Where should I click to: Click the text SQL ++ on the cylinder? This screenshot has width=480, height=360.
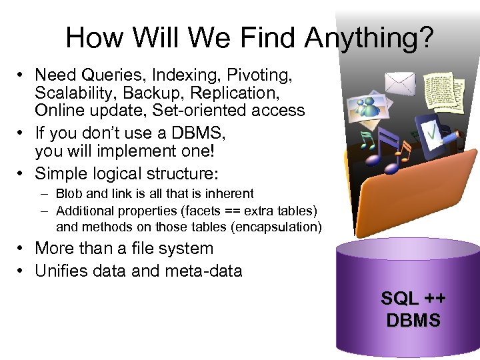(413, 299)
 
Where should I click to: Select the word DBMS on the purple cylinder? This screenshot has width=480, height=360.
(413, 321)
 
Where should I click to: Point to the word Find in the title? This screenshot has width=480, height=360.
(270, 38)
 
